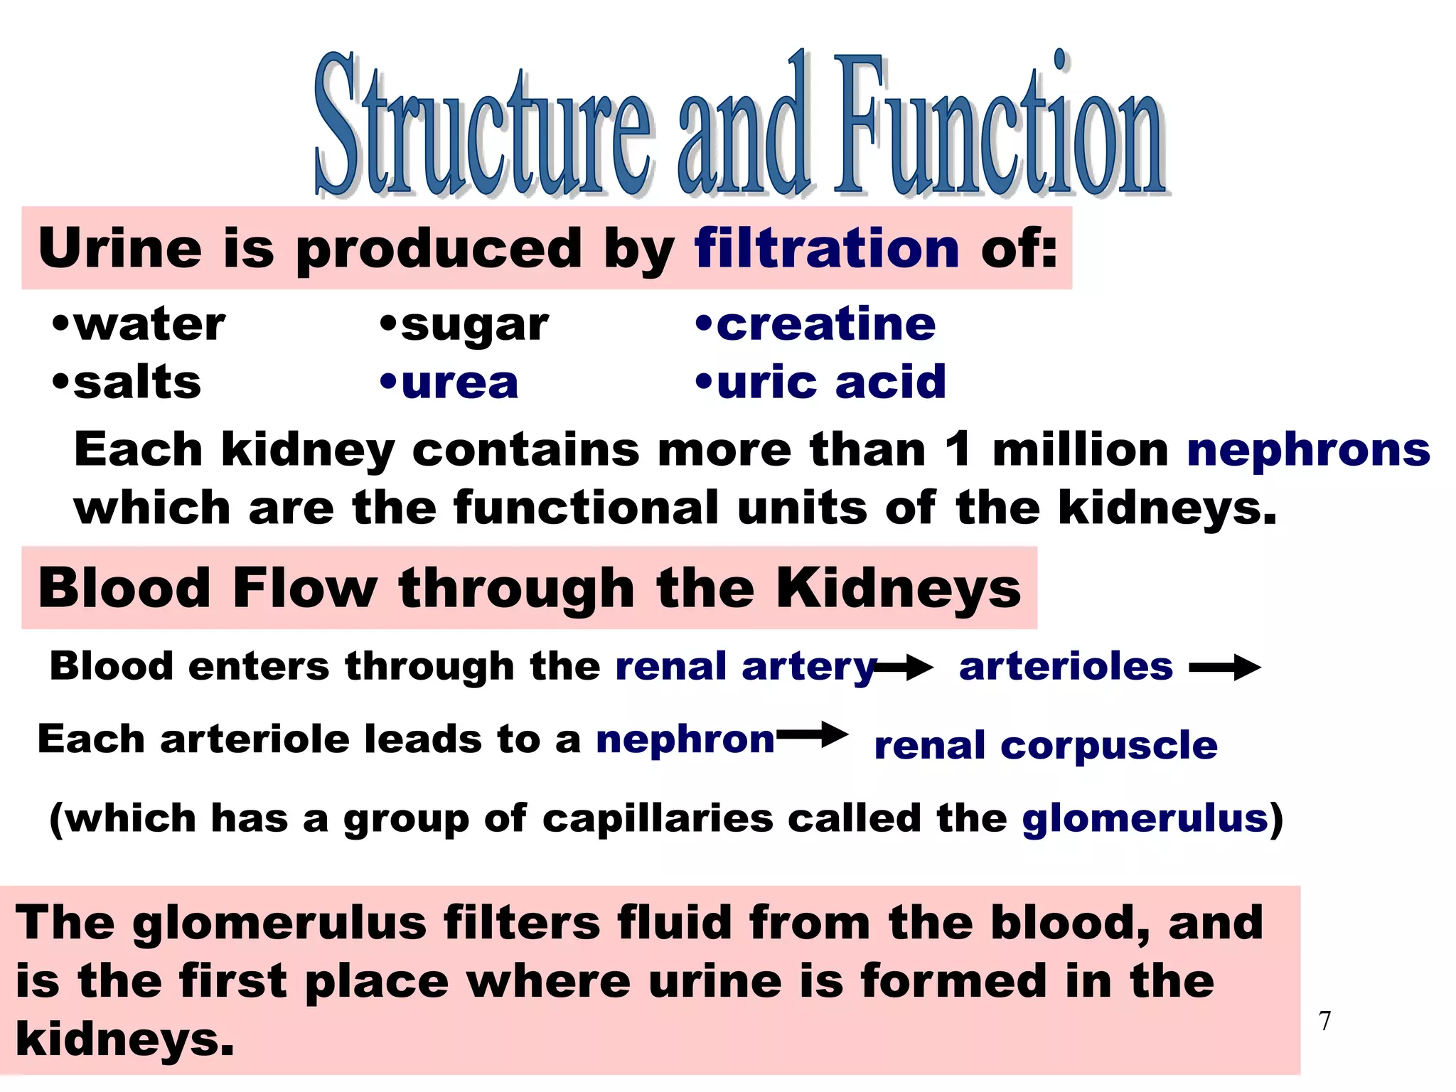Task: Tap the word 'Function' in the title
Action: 999,128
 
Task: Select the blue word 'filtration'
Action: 827,249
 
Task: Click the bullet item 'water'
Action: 149,325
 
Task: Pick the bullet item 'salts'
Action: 136,382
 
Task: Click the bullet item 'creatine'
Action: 825,325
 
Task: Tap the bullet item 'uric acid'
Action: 831,382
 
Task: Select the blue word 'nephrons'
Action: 1308,451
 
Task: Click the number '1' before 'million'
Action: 958,449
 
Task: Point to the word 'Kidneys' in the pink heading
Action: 898,589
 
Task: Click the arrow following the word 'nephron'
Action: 813,735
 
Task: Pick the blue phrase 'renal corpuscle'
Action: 1046,746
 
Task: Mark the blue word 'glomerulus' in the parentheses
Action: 1145,818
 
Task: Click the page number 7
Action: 1324,1021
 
